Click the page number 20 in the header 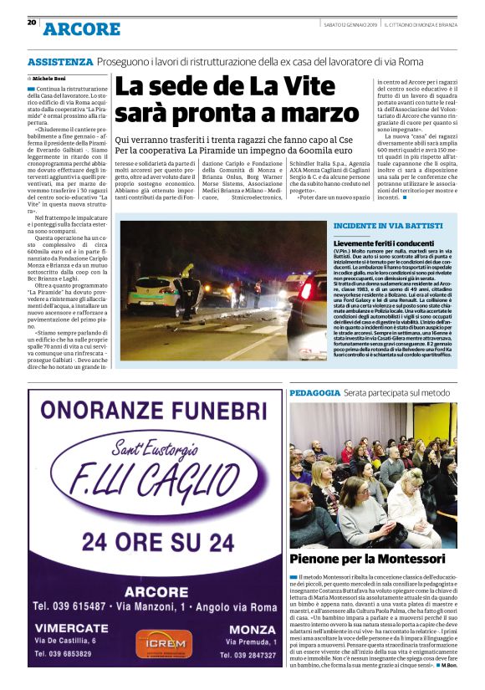tap(32, 23)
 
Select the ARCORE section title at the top tap(82, 29)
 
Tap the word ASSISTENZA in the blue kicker tap(59, 62)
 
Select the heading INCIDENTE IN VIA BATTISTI tap(377, 227)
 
